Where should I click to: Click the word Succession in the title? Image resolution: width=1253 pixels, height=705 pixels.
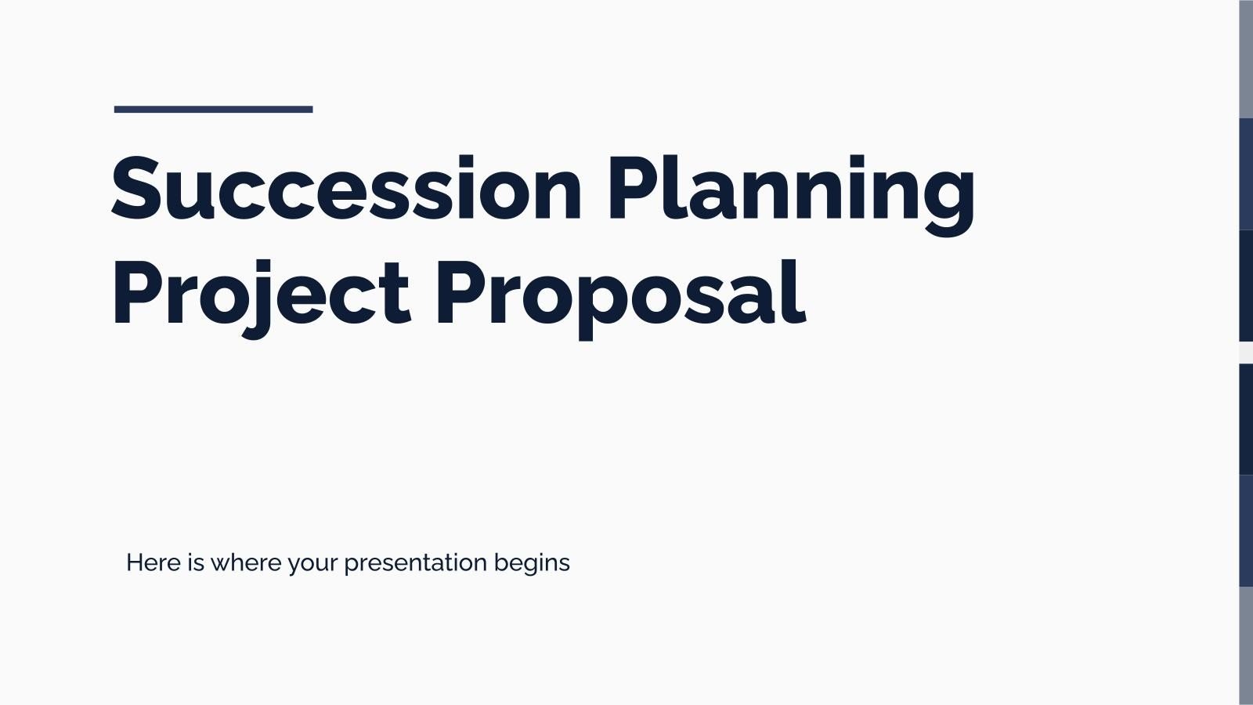pos(345,188)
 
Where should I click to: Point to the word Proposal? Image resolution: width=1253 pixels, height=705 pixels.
pos(619,294)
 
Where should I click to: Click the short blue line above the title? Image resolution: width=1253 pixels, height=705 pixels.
pos(213,110)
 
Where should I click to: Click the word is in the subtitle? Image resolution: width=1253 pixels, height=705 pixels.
pos(196,562)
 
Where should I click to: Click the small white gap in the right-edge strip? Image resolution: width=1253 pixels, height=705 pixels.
pos(1246,352)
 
